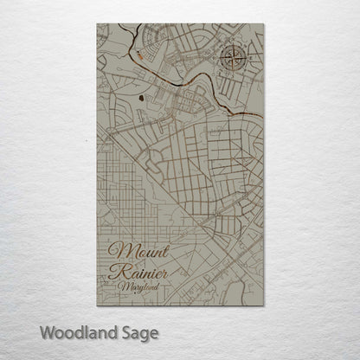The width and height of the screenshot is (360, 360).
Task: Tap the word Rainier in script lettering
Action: click(139, 273)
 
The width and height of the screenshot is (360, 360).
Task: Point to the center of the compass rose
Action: click(234, 61)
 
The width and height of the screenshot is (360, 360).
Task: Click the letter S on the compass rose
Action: click(234, 76)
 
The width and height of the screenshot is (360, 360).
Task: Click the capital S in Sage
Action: click(120, 331)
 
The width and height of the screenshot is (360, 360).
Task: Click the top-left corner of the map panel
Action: click(98, 25)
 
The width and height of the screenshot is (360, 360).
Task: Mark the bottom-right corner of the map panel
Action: click(262, 305)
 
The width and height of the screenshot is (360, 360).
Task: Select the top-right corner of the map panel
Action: click(262, 25)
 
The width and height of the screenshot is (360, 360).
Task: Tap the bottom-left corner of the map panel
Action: click(98, 305)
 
